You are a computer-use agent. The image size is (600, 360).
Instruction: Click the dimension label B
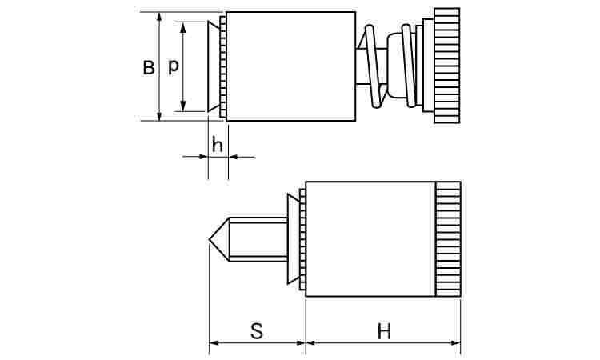(149, 68)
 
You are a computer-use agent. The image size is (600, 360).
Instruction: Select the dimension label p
(174, 66)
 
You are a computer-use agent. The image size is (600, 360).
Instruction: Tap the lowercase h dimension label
(218, 146)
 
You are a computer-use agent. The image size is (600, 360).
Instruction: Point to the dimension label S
(257, 331)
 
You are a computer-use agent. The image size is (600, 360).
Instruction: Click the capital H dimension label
(384, 331)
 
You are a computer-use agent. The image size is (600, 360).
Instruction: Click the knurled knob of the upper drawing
(446, 66)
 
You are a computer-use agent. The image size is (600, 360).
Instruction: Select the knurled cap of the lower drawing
(448, 239)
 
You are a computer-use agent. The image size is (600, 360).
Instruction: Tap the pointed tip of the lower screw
(210, 239)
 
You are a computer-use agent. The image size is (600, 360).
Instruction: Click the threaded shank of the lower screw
(258, 239)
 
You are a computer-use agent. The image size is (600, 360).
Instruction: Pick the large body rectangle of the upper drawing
(291, 66)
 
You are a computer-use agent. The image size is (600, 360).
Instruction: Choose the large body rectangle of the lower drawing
(370, 239)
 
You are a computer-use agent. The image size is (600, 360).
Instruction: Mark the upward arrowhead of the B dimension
(159, 17)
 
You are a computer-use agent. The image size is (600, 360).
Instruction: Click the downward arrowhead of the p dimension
(183, 106)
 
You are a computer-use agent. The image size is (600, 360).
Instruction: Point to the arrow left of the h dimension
(195, 157)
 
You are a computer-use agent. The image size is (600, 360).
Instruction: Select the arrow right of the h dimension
(242, 157)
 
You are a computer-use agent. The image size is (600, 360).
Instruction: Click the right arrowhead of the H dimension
(455, 342)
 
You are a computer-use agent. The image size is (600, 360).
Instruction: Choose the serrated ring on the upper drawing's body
(223, 66)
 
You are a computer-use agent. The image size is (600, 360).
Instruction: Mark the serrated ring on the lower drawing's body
(302, 239)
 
